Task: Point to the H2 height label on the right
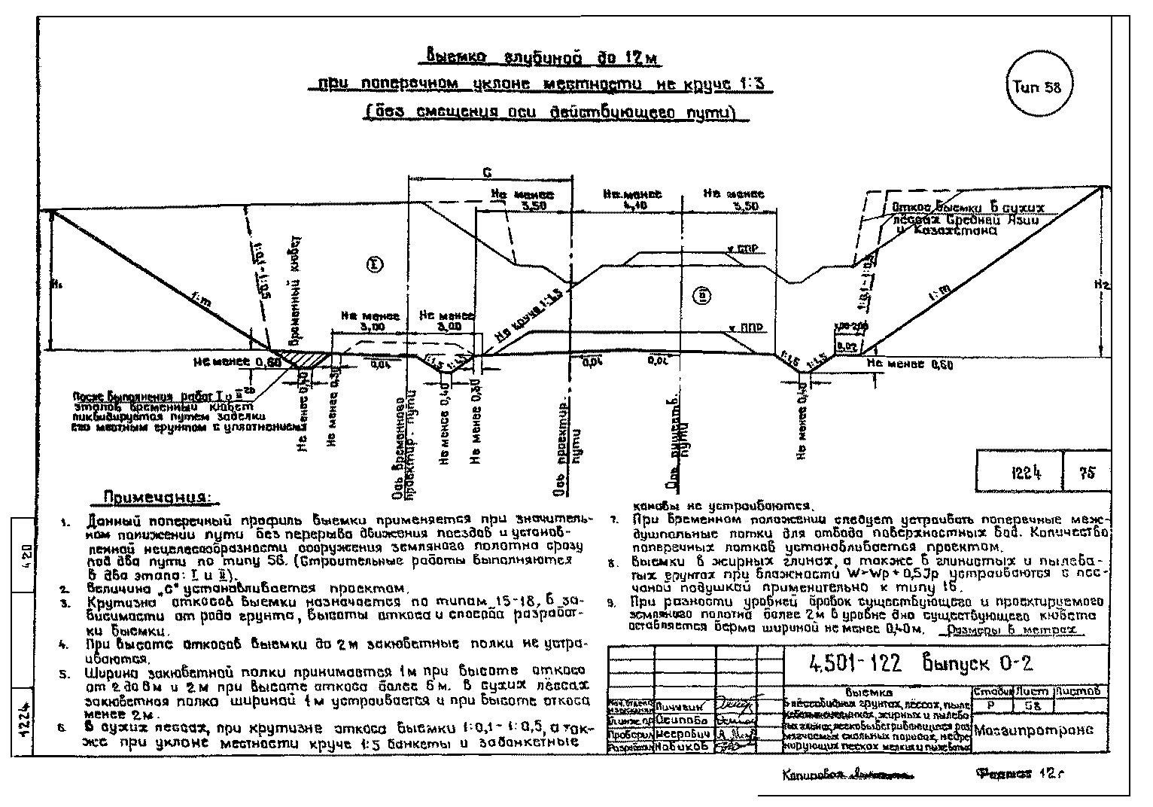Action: (x=1102, y=285)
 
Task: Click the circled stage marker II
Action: (x=701, y=295)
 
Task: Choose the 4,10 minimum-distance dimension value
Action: (x=634, y=204)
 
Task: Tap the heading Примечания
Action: (x=157, y=498)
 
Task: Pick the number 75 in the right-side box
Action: (x=1086, y=474)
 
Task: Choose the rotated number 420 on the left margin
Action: (x=24, y=558)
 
